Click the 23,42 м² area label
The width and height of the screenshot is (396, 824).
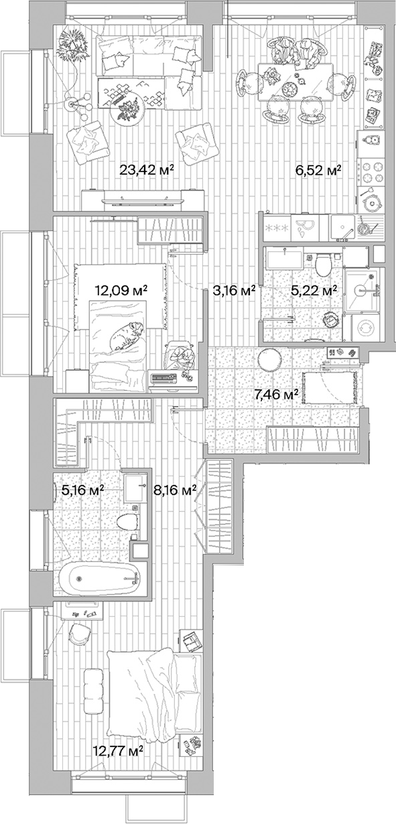(146, 170)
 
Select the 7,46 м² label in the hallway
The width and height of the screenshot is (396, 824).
(275, 395)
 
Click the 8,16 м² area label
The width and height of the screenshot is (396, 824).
(175, 490)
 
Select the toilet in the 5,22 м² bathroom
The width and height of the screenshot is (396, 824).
(323, 267)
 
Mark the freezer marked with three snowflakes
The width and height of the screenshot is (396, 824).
(276, 228)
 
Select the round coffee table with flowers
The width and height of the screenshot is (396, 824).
(127, 112)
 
